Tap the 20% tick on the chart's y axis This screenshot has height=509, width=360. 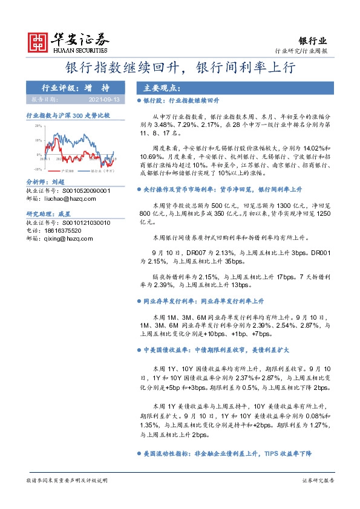point(38,126)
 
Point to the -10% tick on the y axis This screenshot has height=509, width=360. point(38,169)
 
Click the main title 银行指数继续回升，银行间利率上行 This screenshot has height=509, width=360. point(180,68)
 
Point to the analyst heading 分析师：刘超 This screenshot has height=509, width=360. point(45,181)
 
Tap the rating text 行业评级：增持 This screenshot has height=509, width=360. point(74,88)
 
